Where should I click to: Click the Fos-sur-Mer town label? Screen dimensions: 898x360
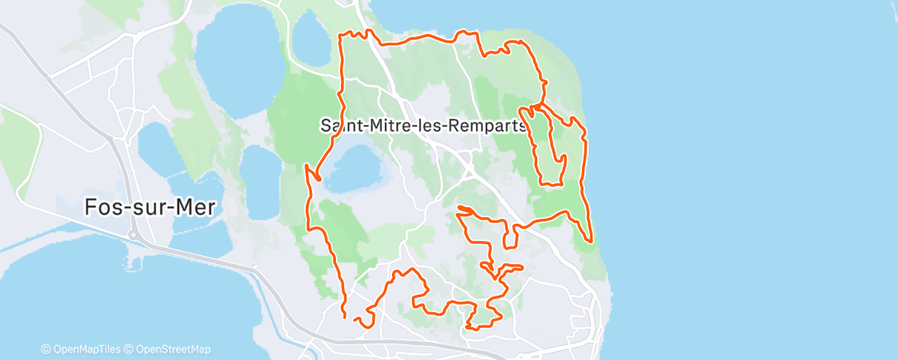click(x=149, y=207)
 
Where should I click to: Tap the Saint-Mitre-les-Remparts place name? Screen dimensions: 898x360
click(x=423, y=126)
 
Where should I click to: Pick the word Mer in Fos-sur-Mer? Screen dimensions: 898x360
click(x=195, y=207)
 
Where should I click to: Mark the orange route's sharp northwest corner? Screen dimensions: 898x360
click(x=343, y=36)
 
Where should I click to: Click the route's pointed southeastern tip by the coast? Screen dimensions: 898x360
click(x=591, y=240)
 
